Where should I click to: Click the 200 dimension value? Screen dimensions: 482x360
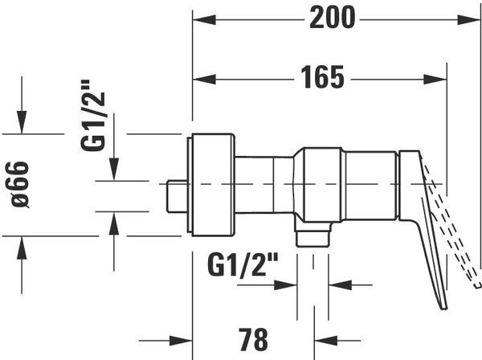333,18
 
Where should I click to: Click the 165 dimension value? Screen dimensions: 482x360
322,77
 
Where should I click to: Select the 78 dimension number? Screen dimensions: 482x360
253,339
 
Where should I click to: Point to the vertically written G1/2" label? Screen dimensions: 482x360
93,115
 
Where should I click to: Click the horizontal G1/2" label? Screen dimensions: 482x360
243,264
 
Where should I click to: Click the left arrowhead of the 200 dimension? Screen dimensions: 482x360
204,20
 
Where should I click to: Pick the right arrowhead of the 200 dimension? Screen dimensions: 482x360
469,20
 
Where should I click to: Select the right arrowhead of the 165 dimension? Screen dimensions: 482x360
435,80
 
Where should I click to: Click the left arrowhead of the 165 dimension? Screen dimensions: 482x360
204,80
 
